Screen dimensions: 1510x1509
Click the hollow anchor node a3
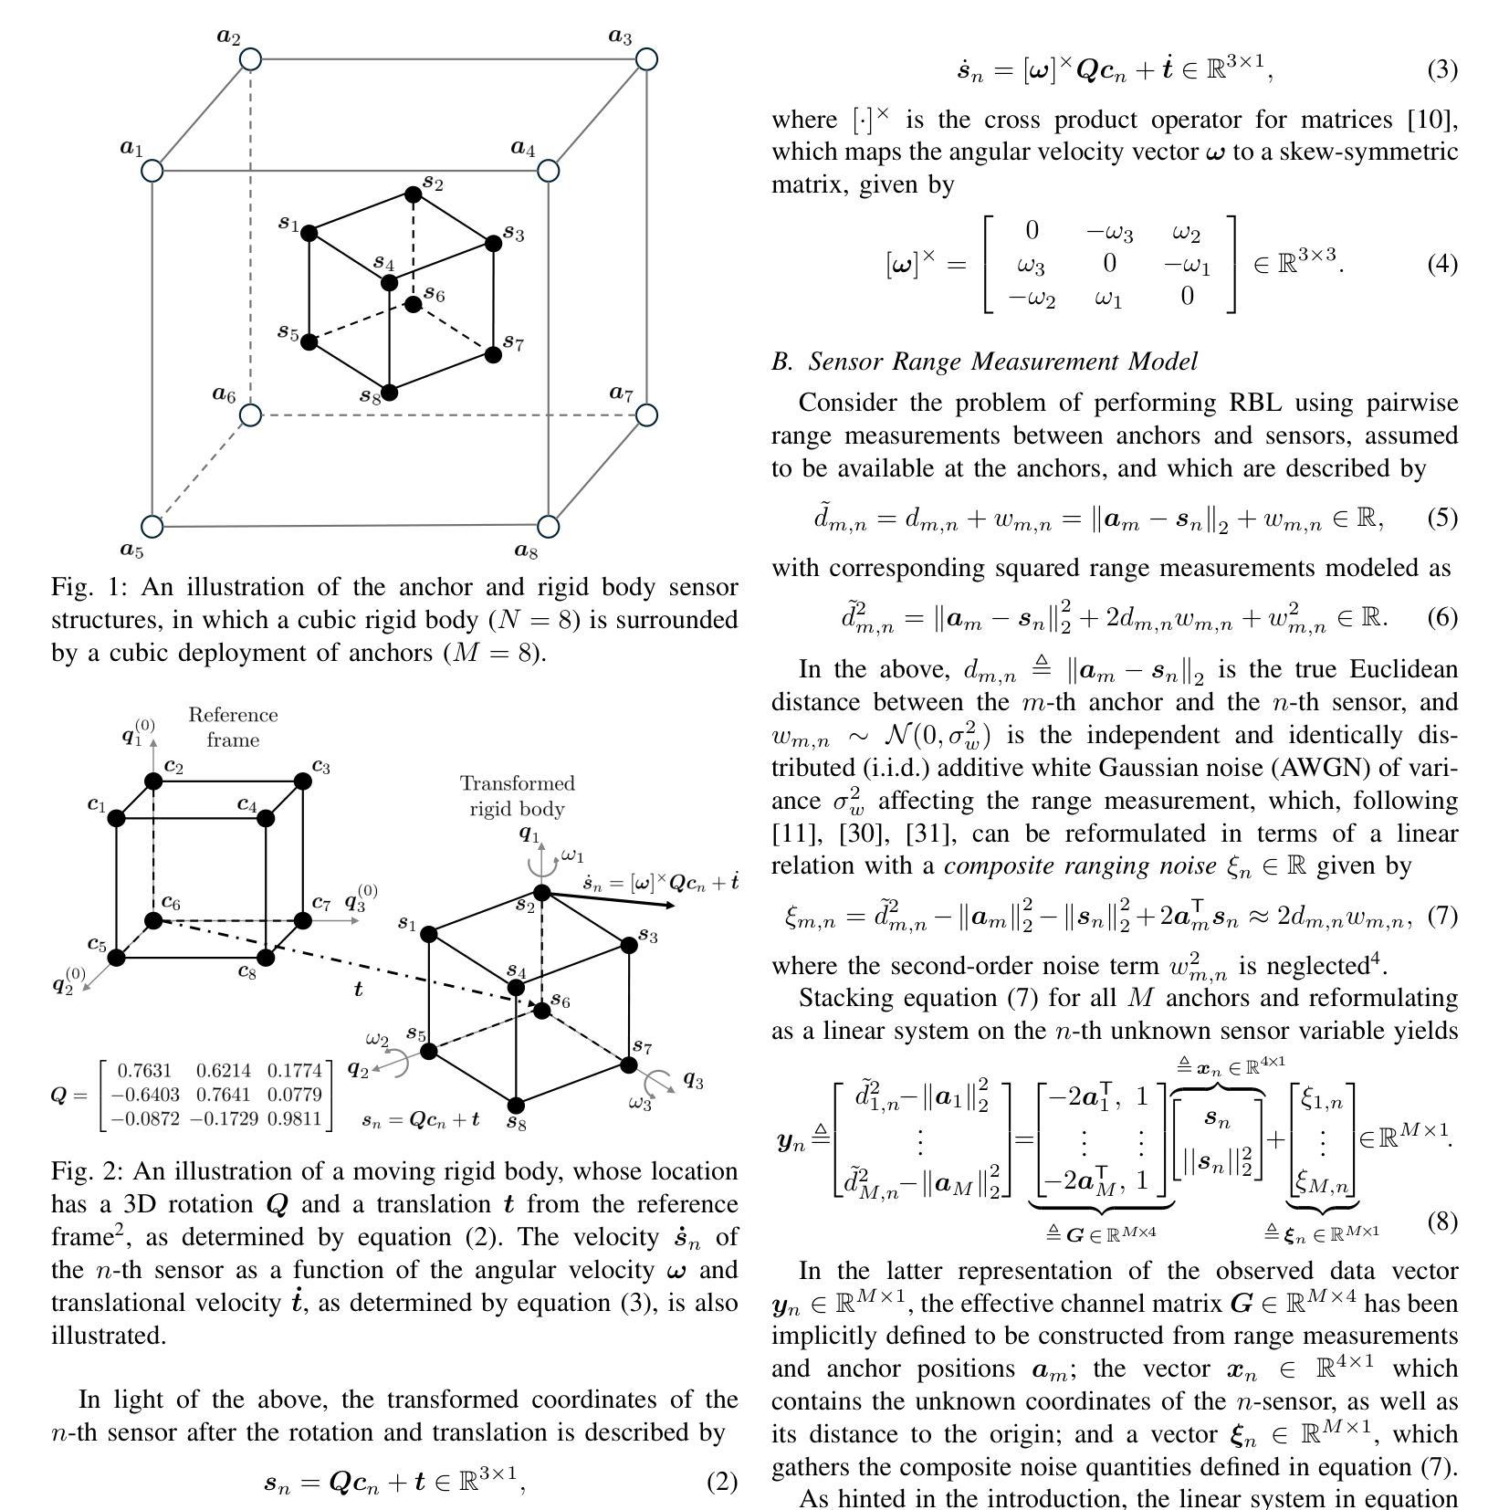click(x=646, y=59)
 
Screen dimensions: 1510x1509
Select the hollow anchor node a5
click(x=152, y=527)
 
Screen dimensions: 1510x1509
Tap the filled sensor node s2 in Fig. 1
click(x=413, y=194)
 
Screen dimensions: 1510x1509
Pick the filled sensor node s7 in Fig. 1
click(x=493, y=354)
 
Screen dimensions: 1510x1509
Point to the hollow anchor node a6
click(x=250, y=415)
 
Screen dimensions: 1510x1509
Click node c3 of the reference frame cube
click(x=302, y=781)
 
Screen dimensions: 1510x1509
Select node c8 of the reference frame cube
click(x=266, y=957)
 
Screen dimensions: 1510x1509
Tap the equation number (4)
click(x=1442, y=265)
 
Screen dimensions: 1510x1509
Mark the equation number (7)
click(x=1442, y=916)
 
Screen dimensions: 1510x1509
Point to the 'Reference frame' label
click(x=233, y=728)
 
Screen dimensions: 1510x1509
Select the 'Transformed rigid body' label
click(x=518, y=796)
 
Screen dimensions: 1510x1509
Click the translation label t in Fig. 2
click(x=358, y=989)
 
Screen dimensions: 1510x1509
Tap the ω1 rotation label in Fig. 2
click(x=572, y=855)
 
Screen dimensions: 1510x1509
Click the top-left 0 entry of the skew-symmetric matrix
click(x=1032, y=231)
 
